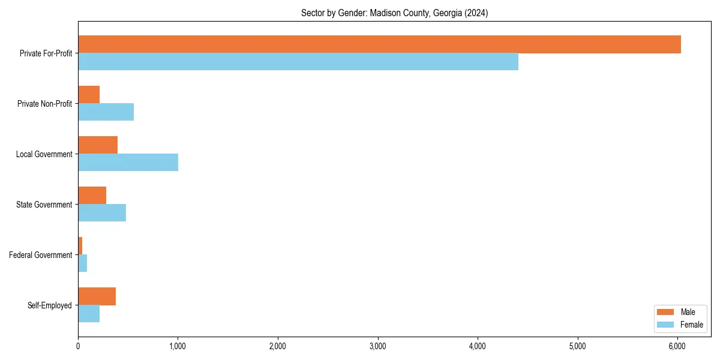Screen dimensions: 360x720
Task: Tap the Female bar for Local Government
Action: coord(128,163)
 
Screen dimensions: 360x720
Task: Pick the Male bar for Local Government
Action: coord(98,145)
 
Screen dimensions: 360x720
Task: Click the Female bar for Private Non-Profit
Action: coord(106,112)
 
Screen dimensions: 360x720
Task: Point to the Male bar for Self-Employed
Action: coord(97,296)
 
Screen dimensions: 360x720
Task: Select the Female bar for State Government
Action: coord(102,213)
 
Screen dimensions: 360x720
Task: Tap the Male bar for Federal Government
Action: coord(80,246)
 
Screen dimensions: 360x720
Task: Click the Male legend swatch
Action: coord(665,312)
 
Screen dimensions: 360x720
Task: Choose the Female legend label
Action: coord(691,325)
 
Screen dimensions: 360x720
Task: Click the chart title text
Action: coord(394,13)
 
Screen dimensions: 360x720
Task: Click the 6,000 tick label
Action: coord(677,346)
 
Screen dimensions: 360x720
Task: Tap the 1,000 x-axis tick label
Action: coord(178,346)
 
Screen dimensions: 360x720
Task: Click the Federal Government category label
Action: coord(41,255)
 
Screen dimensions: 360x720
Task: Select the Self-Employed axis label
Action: coord(50,305)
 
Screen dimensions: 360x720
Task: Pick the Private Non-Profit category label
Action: coord(44,104)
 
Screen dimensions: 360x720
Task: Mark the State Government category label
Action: coord(44,205)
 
